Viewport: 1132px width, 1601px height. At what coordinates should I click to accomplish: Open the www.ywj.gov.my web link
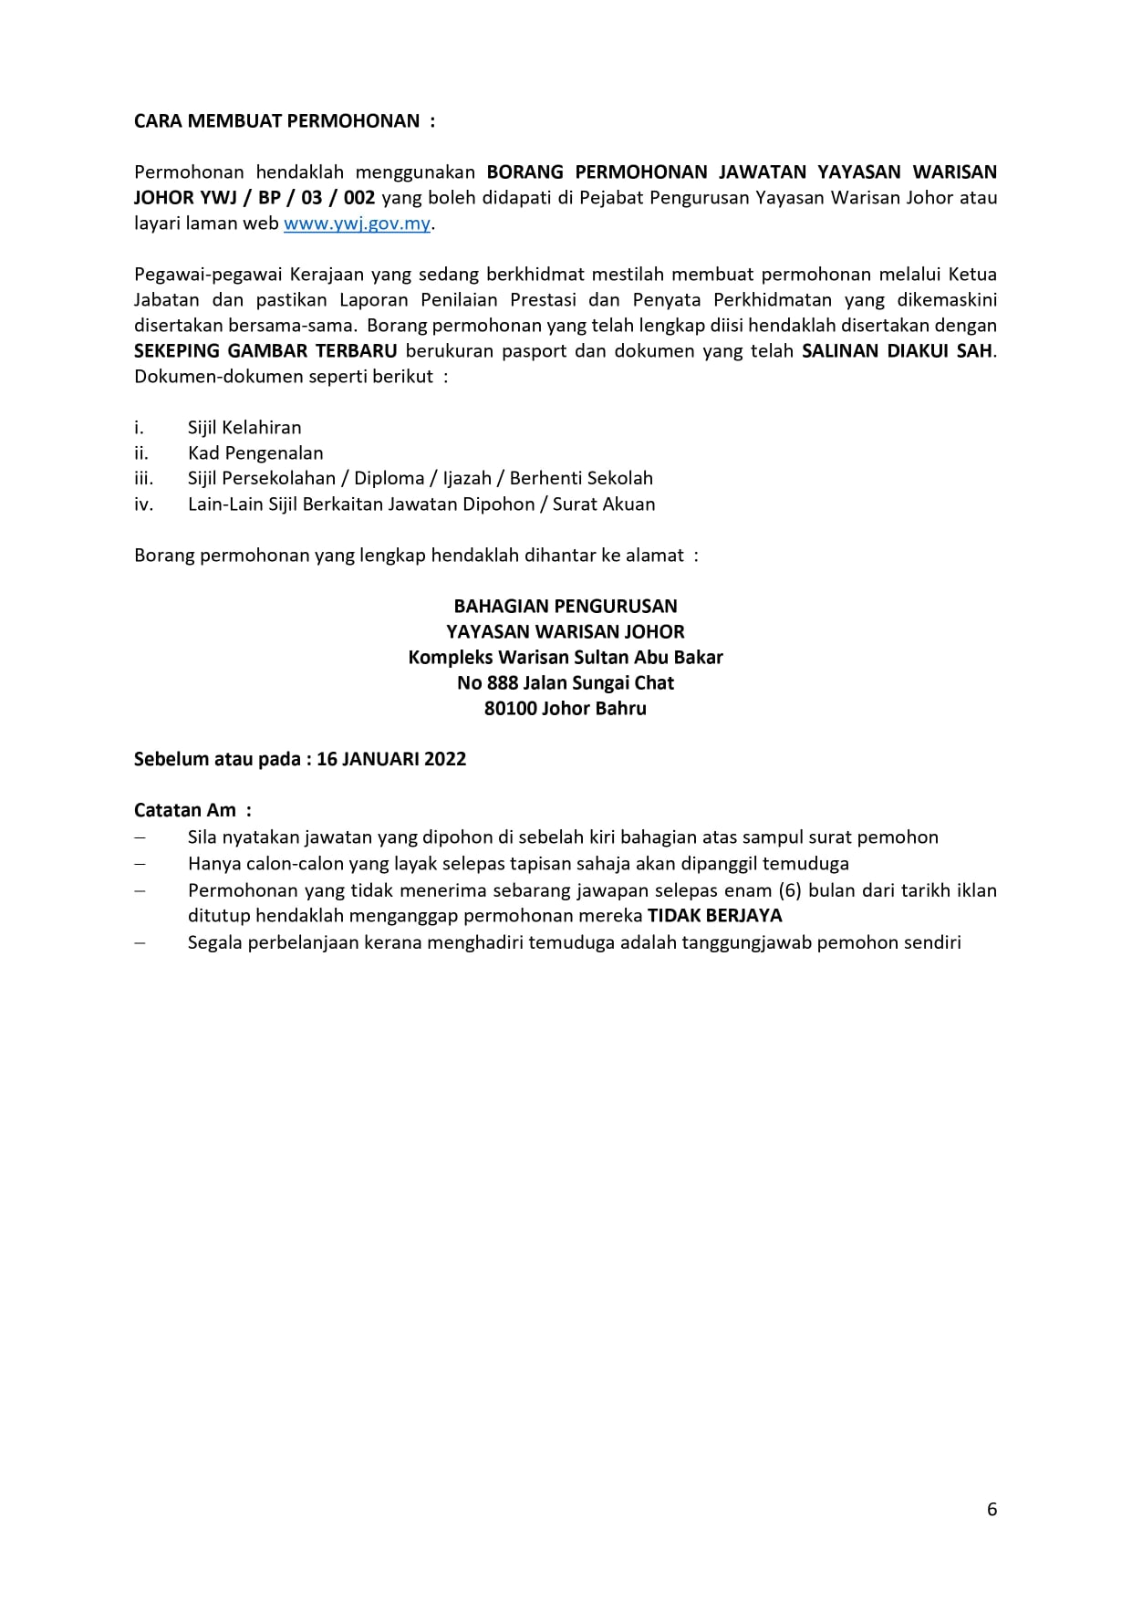(x=357, y=224)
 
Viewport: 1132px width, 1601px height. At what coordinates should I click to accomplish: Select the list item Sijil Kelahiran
(x=244, y=428)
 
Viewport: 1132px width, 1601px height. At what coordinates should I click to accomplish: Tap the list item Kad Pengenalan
(x=255, y=453)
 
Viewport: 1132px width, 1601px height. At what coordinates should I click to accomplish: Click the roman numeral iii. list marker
(x=143, y=478)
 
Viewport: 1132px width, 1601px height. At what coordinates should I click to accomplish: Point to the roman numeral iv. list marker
(x=143, y=504)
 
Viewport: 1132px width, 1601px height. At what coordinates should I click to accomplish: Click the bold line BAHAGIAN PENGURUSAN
(x=566, y=607)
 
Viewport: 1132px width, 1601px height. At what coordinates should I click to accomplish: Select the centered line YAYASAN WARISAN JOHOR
(x=566, y=632)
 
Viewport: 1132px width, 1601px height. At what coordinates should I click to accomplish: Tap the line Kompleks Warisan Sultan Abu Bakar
(x=566, y=658)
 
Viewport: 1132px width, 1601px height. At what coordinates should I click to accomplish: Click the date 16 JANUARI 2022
(x=391, y=760)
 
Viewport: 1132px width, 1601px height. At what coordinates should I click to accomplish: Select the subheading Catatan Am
(x=185, y=810)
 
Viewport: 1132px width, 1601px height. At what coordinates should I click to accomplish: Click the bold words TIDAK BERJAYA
(x=715, y=916)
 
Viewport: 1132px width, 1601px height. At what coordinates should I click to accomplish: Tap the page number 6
(x=992, y=1510)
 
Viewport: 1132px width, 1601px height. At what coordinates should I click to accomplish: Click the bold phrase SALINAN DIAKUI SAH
(x=897, y=351)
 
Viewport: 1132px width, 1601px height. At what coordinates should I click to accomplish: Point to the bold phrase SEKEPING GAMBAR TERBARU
(x=265, y=351)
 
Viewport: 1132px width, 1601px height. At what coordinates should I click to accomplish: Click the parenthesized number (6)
(x=789, y=890)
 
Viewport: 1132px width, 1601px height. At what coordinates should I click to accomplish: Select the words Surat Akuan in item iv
(x=604, y=504)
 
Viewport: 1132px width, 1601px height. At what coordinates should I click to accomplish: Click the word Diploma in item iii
(x=389, y=478)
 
